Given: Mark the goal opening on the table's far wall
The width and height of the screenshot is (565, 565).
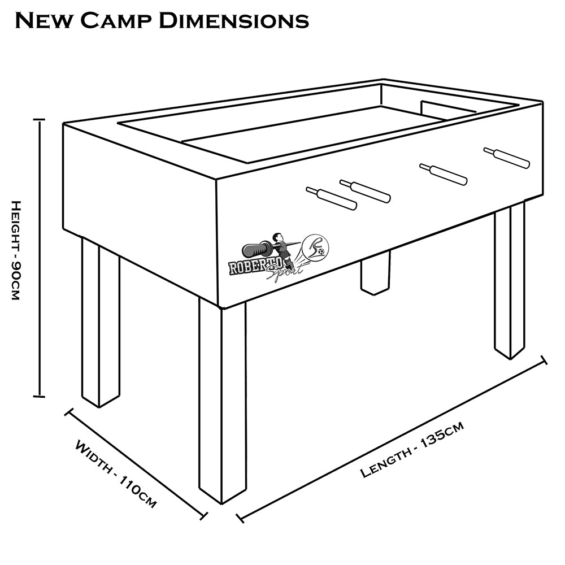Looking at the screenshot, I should (446, 110).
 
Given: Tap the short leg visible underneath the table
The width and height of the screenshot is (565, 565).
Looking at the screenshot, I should (375, 272).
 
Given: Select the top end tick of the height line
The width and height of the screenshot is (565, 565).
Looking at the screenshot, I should (39, 120).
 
